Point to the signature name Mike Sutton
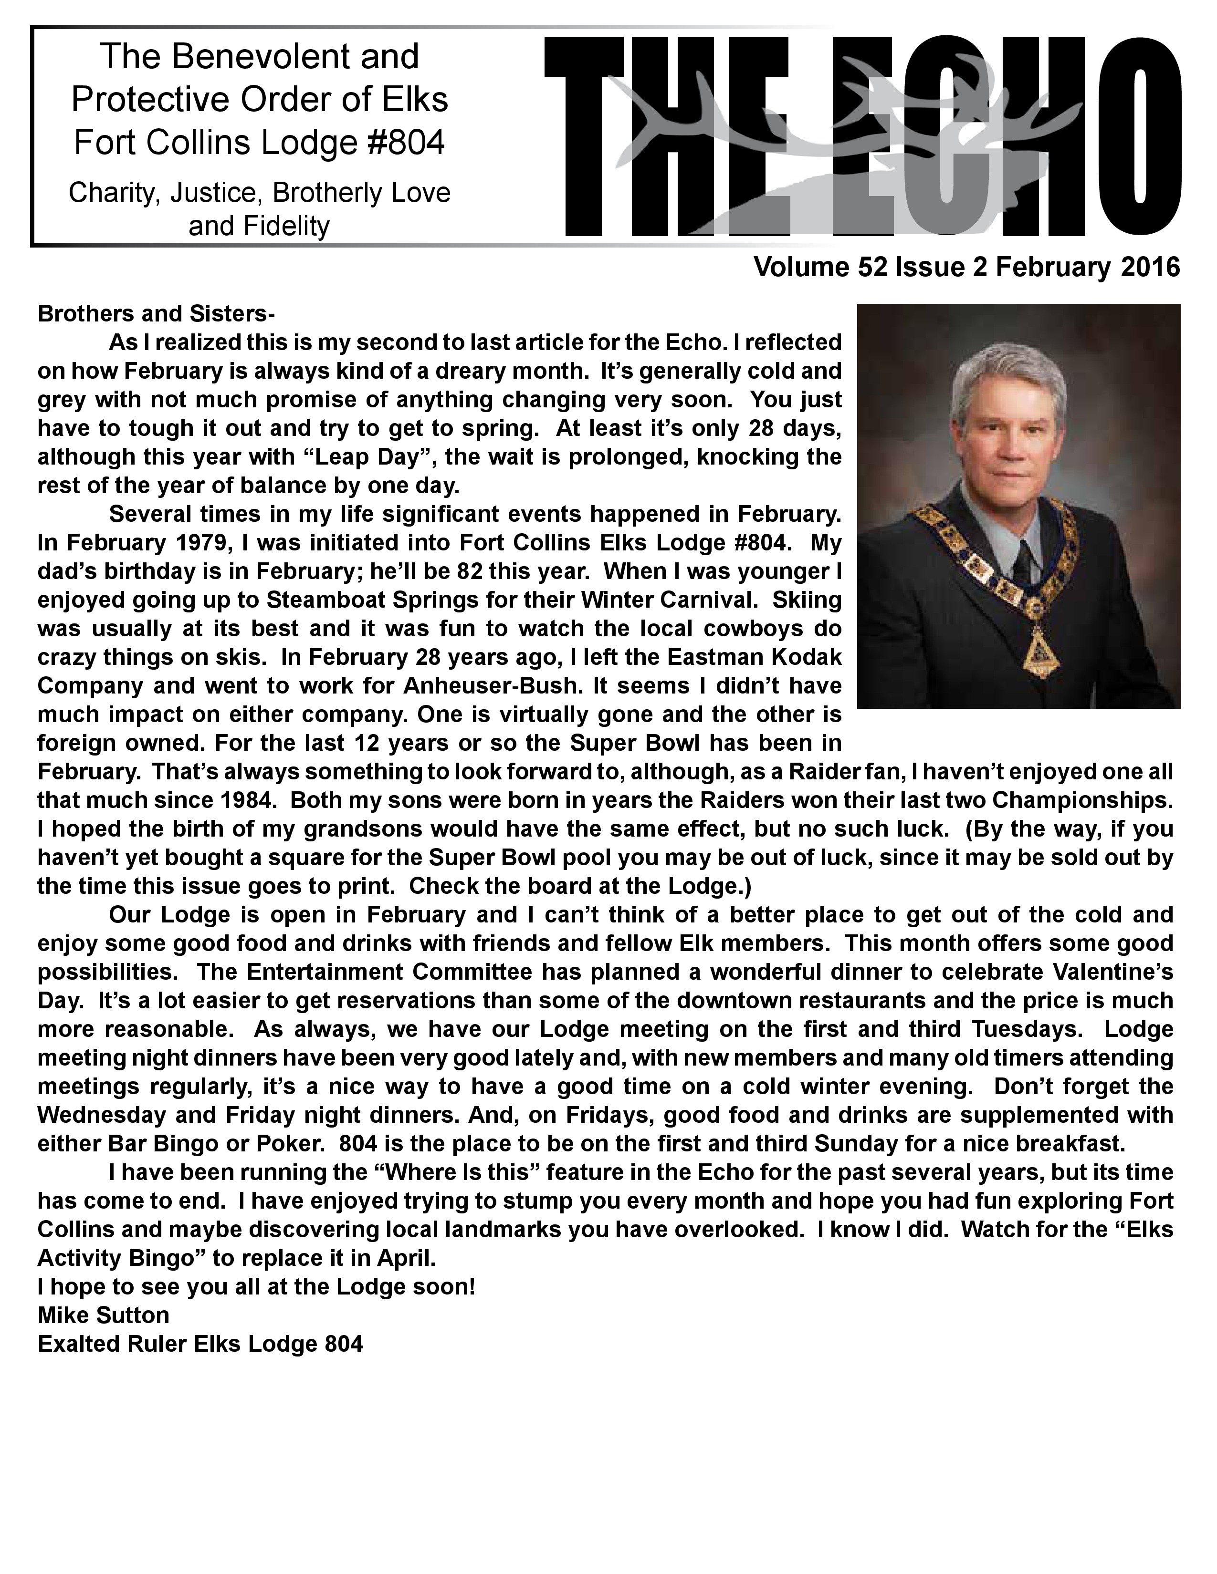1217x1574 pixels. click(x=103, y=1315)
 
